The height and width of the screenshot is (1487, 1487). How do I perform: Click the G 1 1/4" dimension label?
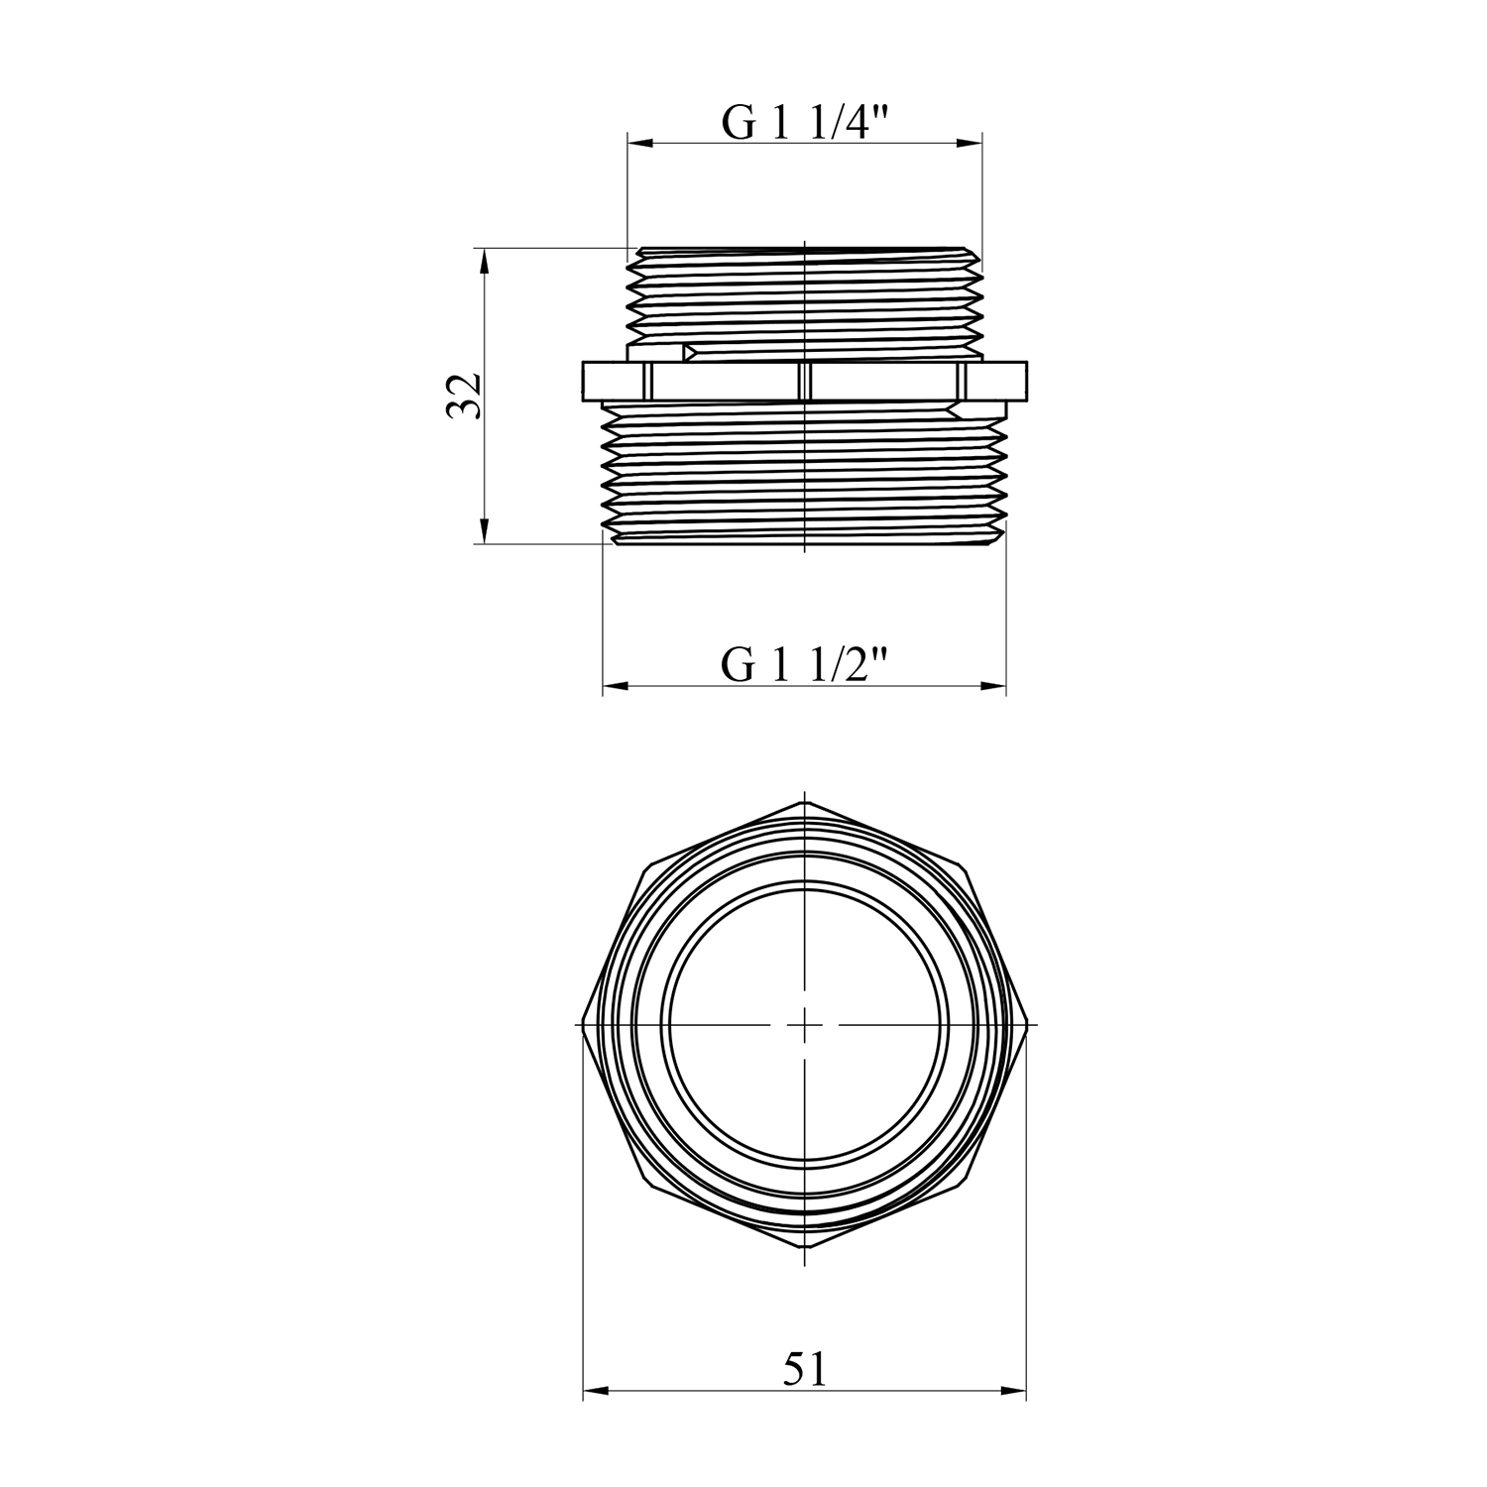[804, 123]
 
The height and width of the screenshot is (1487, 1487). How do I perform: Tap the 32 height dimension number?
[464, 396]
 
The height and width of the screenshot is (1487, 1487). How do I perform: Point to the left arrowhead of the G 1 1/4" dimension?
[642, 145]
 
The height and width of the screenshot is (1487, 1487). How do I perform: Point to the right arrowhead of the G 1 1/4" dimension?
[968, 145]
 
